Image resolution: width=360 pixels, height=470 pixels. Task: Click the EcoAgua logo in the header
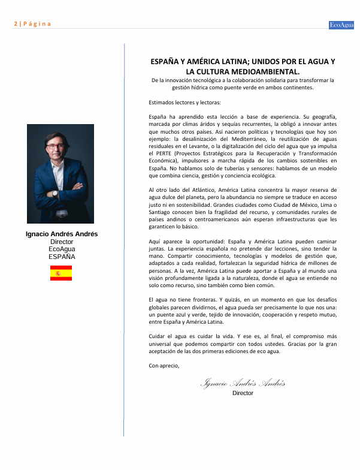[342, 24]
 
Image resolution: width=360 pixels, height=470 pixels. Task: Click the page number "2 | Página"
[32, 24]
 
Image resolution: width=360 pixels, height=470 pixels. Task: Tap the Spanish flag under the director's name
[61, 273]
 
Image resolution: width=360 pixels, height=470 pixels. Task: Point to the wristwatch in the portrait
[55, 194]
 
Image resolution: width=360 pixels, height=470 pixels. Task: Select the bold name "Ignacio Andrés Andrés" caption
[61, 234]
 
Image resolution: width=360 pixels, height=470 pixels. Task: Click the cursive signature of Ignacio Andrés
[243, 383]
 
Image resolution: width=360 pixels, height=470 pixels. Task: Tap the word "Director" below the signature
[243, 393]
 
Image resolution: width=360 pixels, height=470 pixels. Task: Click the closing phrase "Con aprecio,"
[164, 364]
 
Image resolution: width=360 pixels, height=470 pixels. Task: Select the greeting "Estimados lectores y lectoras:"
[184, 102]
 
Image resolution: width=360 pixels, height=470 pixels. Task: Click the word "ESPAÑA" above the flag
[61, 256]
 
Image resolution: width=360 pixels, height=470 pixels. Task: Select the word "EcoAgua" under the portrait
[61, 249]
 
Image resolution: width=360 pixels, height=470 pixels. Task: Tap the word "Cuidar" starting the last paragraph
[158, 336]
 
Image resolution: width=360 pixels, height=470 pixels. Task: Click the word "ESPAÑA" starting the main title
[163, 62]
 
